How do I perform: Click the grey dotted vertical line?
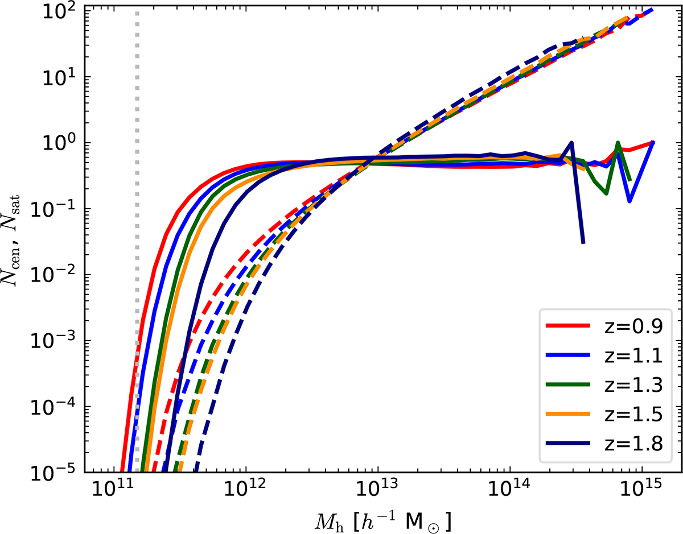tap(137, 171)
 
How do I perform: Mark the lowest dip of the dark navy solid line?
tap(583, 243)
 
